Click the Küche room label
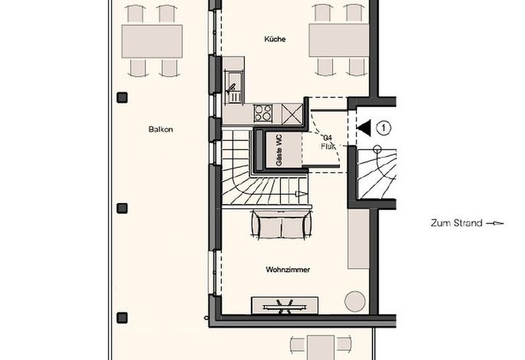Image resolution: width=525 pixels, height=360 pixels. (x=275, y=39)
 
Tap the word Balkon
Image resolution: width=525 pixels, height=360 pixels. (x=161, y=129)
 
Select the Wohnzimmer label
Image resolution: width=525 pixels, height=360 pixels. (x=288, y=270)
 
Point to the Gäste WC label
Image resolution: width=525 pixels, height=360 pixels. (x=279, y=150)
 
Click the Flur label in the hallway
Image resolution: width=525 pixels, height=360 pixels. (x=328, y=146)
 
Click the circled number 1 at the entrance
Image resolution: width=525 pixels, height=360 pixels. (x=383, y=128)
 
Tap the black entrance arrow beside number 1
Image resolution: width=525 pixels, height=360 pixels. (x=364, y=128)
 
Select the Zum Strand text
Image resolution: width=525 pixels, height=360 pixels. (x=456, y=223)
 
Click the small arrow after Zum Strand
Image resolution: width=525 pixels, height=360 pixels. (x=495, y=223)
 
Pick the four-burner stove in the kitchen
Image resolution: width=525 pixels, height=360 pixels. (x=262, y=113)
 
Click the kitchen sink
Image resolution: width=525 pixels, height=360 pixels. (x=234, y=88)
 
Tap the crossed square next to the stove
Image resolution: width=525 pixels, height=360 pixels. (x=292, y=113)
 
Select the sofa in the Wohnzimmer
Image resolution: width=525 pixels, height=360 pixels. (x=282, y=224)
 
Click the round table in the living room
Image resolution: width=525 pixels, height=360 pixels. (x=355, y=301)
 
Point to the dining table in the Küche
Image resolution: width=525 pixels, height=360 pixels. (x=339, y=40)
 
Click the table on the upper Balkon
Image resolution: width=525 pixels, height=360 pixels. (x=152, y=41)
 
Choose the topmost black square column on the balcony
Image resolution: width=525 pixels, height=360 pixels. (x=122, y=97)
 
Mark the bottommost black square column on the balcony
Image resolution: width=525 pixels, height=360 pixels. (x=122, y=318)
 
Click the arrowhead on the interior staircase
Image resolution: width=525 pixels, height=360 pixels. (x=301, y=194)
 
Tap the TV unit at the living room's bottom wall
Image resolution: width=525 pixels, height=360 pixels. (x=285, y=306)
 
